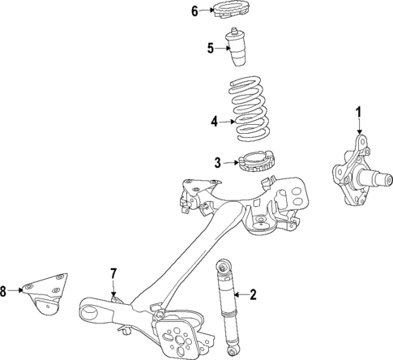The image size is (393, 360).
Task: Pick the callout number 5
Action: [210, 49]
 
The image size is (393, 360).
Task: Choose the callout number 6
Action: [194, 11]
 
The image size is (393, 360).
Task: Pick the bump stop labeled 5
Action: [239, 50]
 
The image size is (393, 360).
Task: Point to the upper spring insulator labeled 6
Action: [229, 11]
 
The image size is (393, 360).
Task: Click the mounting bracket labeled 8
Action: [48, 296]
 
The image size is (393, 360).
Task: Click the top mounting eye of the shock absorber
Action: [221, 265]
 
